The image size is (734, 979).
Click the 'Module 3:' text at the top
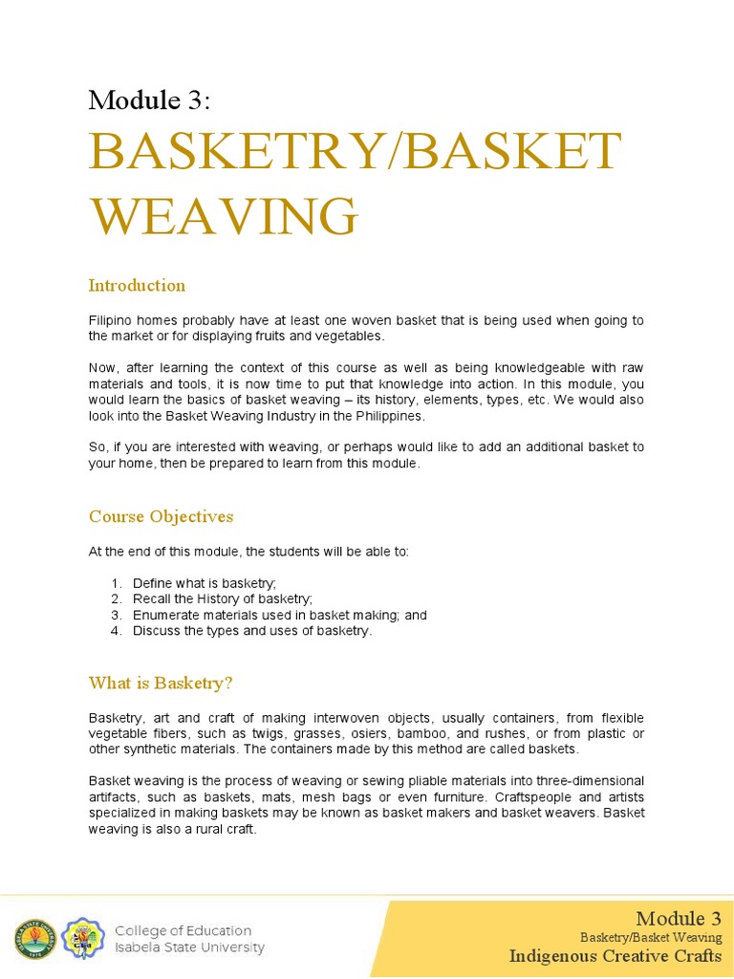pyautogui.click(x=149, y=99)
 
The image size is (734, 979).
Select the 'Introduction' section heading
pyautogui.click(x=137, y=285)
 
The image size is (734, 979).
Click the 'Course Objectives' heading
pyautogui.click(x=161, y=516)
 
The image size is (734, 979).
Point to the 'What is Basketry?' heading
pyautogui.click(x=161, y=683)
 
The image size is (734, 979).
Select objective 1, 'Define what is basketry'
pyautogui.click(x=204, y=583)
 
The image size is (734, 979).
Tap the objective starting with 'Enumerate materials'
pyautogui.click(x=279, y=615)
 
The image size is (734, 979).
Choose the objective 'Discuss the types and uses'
pyautogui.click(x=251, y=631)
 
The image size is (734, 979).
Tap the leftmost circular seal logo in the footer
pyautogui.click(x=34, y=939)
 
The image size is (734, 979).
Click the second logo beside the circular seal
pyautogui.click(x=83, y=939)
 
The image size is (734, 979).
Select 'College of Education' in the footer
pyautogui.click(x=183, y=930)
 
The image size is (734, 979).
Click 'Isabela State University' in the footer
pyautogui.click(x=189, y=947)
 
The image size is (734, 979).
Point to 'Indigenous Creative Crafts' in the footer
pyautogui.click(x=615, y=955)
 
